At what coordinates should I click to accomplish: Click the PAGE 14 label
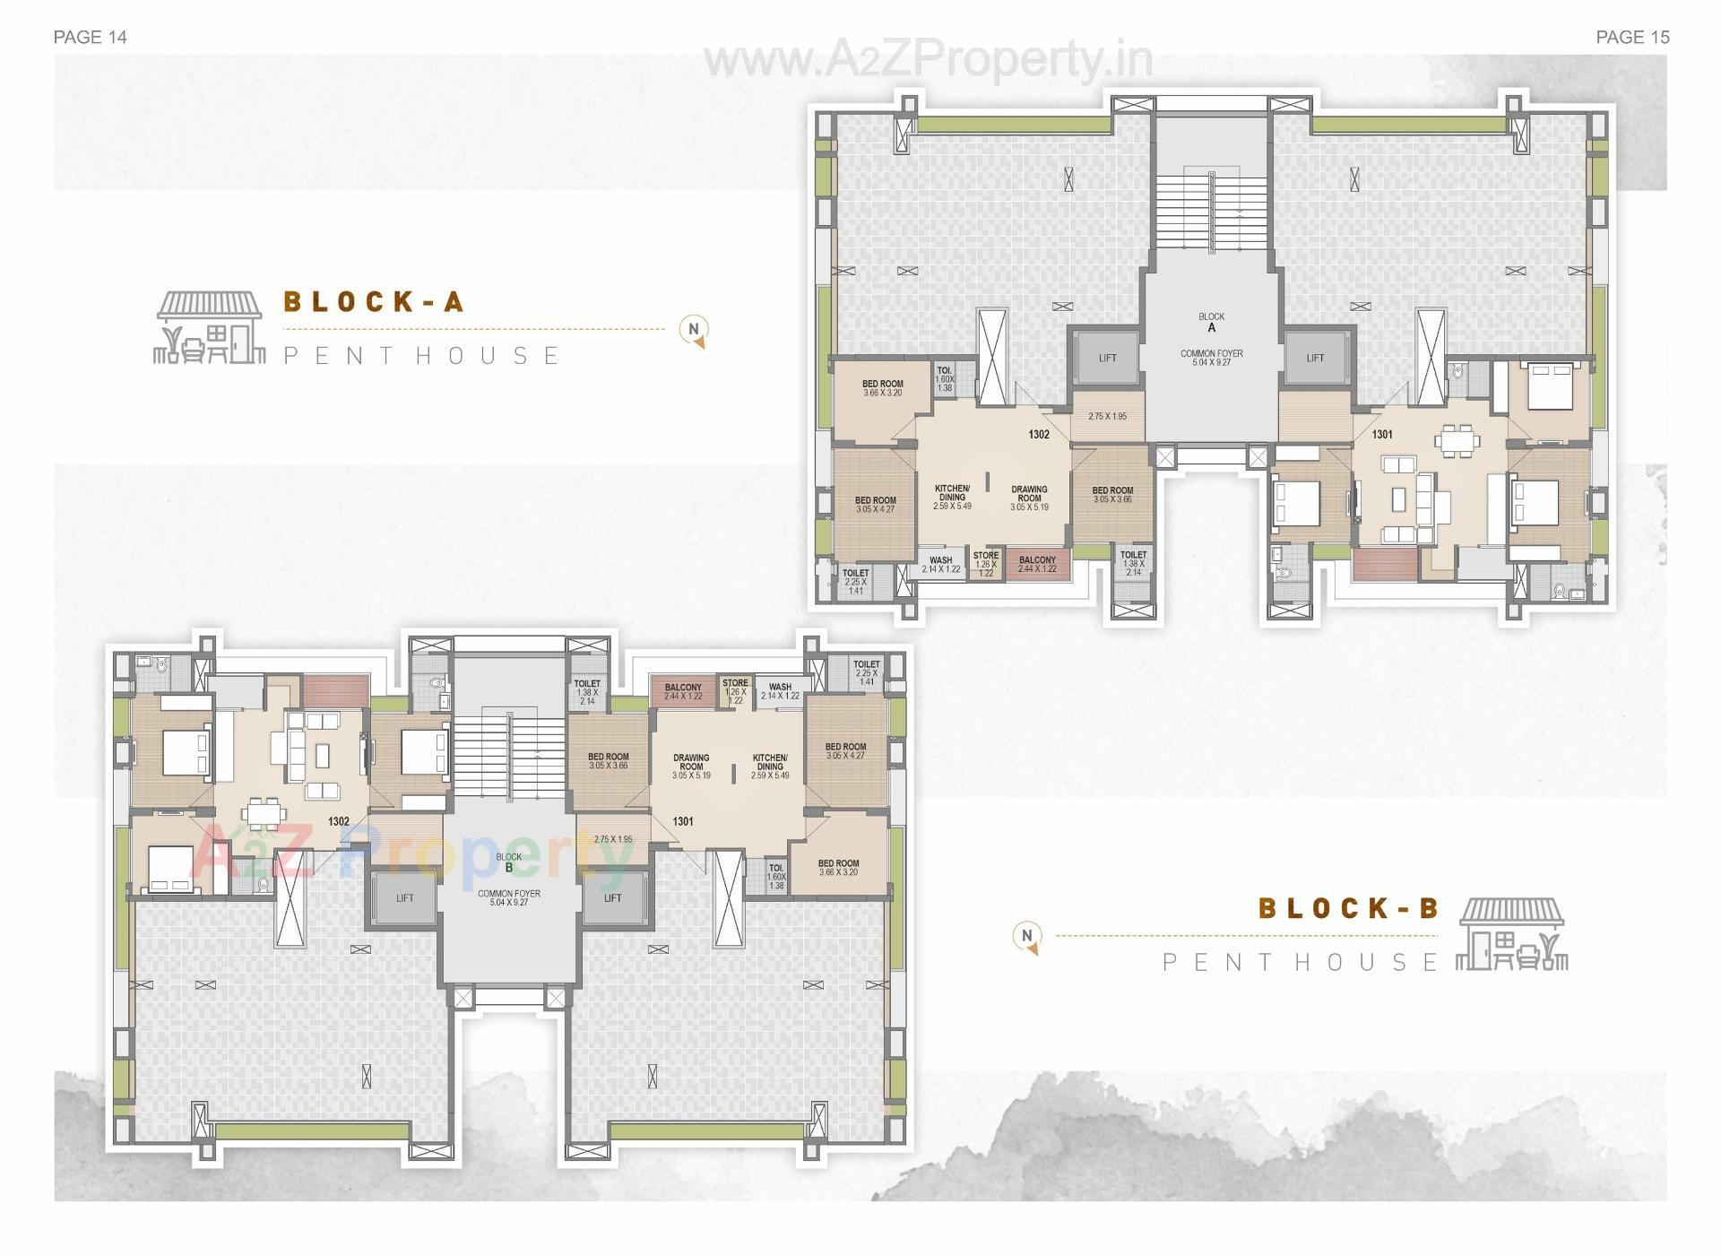coord(90,37)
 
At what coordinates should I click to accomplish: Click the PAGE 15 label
coord(1632,37)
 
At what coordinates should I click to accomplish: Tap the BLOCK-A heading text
coord(373,302)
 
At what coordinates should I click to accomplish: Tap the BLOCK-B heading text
coord(1348,908)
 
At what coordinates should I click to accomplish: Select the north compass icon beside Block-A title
coord(694,330)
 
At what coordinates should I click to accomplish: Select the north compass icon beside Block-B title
coord(1027,937)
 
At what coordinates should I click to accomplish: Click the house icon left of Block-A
coord(210,327)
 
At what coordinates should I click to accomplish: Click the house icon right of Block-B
coord(1511,935)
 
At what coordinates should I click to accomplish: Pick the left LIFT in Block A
coord(1107,358)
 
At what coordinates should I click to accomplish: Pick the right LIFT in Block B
coord(612,897)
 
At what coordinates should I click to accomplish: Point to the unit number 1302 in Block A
coord(1038,434)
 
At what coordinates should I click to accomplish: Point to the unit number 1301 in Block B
coord(682,821)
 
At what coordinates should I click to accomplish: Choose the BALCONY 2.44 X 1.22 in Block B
coord(683,691)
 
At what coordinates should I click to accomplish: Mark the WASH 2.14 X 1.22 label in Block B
coord(780,691)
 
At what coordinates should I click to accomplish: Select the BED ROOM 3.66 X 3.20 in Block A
coord(882,388)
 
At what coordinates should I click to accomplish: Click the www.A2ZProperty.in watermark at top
coord(928,60)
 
